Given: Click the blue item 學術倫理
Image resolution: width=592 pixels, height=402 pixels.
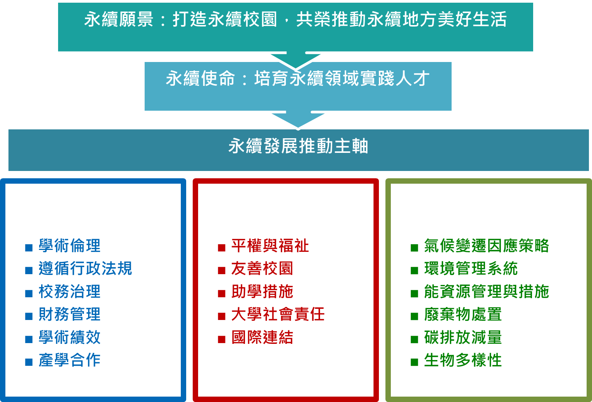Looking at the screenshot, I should point(70,246).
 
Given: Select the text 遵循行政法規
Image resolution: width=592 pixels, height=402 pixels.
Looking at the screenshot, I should point(85,268).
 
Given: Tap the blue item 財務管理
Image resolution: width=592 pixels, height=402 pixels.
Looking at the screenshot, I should point(70,314).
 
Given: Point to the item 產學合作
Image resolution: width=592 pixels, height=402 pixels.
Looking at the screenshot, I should point(70,360).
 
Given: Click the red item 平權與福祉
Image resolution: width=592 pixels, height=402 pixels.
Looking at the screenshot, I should point(270,246).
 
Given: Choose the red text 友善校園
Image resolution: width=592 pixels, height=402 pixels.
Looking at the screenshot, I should point(262,268).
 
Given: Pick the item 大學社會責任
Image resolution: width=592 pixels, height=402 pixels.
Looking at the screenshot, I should point(278,314).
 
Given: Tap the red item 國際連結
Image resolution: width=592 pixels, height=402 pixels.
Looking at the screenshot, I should point(262,337).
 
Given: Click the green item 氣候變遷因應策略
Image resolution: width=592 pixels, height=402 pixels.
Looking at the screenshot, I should point(487,246).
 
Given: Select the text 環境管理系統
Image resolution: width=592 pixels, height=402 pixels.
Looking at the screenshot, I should point(471,268).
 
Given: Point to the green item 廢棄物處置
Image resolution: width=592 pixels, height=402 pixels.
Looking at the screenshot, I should point(463,314).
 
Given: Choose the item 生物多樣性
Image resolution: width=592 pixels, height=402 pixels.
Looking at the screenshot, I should point(463,360).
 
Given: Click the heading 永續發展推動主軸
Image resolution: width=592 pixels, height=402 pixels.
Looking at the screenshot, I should point(299,146).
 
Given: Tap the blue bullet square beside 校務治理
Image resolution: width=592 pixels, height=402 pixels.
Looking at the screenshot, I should point(29,293).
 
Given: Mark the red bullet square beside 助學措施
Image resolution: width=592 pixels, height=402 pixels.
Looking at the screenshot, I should point(222,293).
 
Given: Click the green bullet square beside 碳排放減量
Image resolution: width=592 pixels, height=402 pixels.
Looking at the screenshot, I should point(414,339).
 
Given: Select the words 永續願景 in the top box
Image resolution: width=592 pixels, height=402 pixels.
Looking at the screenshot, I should point(119,19).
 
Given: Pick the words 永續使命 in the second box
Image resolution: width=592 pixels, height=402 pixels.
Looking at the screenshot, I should point(200,79).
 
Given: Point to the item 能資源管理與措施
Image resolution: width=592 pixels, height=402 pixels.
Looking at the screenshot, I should point(487,291).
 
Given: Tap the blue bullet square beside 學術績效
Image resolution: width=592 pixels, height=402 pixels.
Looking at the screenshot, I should point(29,339).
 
